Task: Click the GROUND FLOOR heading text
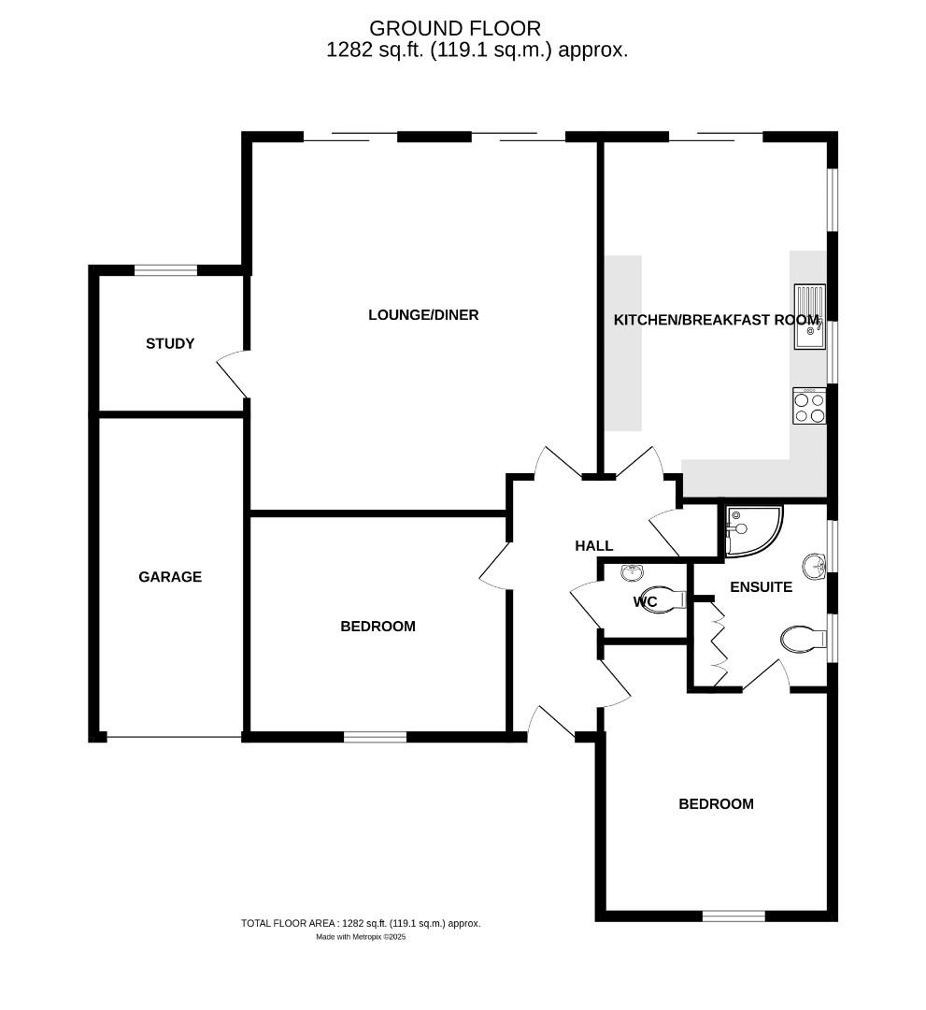tap(455, 29)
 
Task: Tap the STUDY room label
tap(170, 343)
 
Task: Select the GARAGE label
tap(170, 577)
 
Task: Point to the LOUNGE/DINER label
tap(423, 315)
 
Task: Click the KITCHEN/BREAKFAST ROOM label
tap(716, 320)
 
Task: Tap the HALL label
tap(594, 546)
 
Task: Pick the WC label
tap(645, 601)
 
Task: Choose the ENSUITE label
tap(761, 587)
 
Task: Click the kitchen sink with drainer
tap(809, 317)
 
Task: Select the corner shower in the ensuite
tap(753, 530)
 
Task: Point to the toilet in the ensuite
tap(803, 640)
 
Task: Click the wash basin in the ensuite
tap(814, 564)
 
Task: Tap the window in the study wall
tap(165, 271)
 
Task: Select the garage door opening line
tap(174, 737)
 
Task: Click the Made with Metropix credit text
tap(361, 936)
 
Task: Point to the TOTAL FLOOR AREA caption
tap(361, 923)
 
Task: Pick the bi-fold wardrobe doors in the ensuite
tap(719, 636)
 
